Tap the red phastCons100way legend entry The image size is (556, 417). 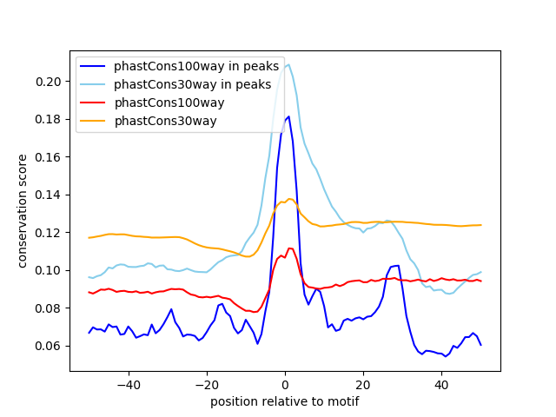pos(169,103)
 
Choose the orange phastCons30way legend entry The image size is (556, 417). pos(165,121)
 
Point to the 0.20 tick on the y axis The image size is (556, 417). pos(50,82)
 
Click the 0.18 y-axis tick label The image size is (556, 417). pos(50,119)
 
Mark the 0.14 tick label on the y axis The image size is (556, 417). pos(50,195)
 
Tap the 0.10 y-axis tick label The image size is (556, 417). pos(50,270)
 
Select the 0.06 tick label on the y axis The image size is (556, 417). pos(50,346)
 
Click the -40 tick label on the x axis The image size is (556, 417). pos(128,384)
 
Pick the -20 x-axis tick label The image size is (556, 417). pos(206,384)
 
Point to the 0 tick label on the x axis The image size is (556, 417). pos(285,384)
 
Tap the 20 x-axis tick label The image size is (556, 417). pos(363,384)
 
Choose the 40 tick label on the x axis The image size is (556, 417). pos(441,384)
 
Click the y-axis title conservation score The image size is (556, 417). pos(23,210)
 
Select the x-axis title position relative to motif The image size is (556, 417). pos(285,401)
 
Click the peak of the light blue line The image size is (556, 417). pos(288,63)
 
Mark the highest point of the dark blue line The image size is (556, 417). pos(288,116)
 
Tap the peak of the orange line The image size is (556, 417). pos(289,199)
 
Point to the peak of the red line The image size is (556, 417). pos(289,248)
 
